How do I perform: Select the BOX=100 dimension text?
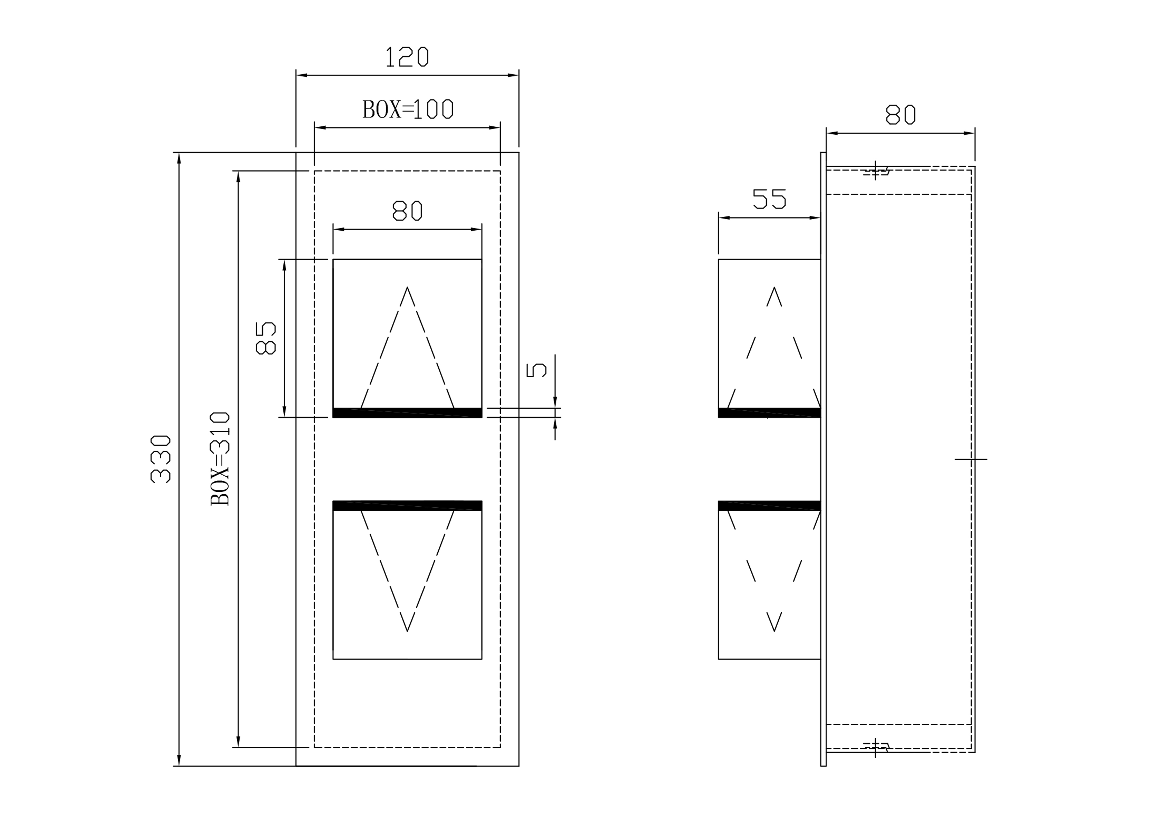coord(407,109)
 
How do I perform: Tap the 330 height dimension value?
coord(161,459)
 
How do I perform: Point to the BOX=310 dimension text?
coord(220,459)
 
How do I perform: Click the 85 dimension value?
coord(266,338)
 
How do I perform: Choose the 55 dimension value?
coord(769,199)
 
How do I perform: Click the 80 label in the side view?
coord(900,114)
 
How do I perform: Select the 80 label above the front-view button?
coord(407,211)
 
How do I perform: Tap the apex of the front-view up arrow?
coord(407,288)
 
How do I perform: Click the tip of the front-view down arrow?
coord(407,631)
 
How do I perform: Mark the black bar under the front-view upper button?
coord(407,413)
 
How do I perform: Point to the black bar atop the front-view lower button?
coord(407,506)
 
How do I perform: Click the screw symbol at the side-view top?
coord(876,171)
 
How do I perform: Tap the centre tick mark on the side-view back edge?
coord(971,459)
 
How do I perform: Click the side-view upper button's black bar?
coord(769,413)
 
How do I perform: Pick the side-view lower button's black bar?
coord(769,506)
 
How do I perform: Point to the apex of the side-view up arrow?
coord(774,288)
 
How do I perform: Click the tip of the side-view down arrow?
coord(774,631)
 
